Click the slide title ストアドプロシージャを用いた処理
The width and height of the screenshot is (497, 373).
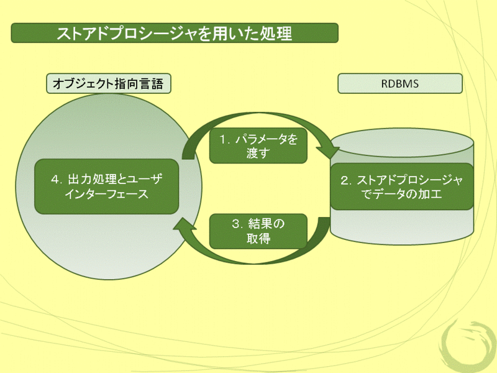(174, 33)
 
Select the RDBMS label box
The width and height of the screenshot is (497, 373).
(400, 83)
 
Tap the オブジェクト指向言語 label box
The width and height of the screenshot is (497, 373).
(109, 83)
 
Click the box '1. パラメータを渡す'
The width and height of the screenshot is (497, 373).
(258, 147)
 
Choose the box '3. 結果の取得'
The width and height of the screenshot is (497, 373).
(258, 231)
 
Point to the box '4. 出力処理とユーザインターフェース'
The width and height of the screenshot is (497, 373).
(107, 186)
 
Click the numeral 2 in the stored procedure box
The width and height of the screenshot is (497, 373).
(345, 180)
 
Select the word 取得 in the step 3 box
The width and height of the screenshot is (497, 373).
(258, 238)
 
